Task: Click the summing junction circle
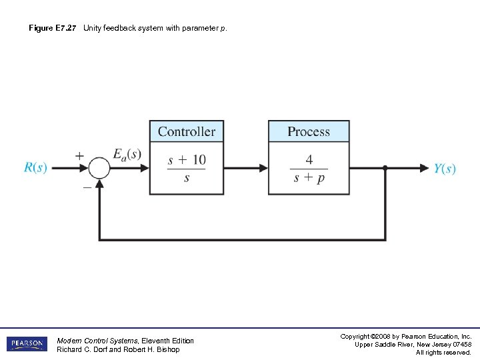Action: (99, 168)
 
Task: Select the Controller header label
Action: (187, 131)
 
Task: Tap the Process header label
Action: (308, 131)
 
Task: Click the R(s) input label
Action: (35, 167)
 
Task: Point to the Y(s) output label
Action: (445, 169)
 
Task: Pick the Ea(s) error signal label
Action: (127, 155)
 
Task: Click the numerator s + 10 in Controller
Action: (187, 160)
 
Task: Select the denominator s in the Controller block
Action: (187, 179)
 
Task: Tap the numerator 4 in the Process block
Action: (309, 160)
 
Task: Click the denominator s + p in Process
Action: (309, 179)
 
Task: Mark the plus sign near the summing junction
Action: (79, 155)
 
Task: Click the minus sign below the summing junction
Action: (87, 187)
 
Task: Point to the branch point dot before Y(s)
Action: (385, 168)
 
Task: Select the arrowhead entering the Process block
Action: (264, 168)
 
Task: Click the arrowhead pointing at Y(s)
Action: (424, 168)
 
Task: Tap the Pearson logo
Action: (27, 344)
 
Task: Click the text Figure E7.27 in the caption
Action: (53, 28)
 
